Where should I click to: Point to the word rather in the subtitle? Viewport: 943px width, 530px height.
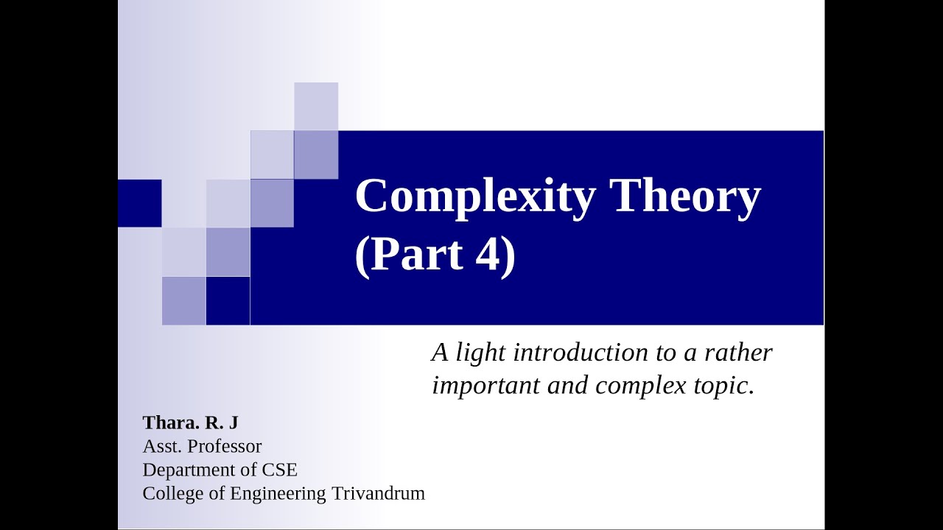[738, 353]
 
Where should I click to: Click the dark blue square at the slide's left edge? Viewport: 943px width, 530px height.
[139, 202]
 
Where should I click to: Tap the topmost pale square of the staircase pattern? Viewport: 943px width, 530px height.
[316, 106]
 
